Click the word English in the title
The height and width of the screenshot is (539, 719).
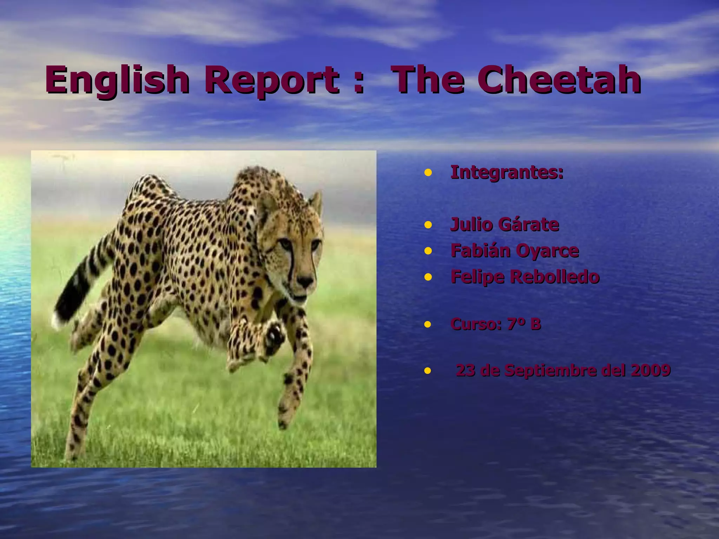117,80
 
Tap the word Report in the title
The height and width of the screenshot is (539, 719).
272,80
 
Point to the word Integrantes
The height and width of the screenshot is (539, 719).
507,173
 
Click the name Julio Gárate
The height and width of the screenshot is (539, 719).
504,225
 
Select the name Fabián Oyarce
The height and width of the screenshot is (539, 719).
515,251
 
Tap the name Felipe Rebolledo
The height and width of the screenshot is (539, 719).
525,277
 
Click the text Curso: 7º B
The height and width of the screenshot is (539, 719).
495,324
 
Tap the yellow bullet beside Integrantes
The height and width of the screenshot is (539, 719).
428,173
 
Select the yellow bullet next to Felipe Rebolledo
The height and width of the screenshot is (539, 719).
428,277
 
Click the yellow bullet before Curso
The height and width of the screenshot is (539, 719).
428,325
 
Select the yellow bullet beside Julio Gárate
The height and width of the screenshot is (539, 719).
428,225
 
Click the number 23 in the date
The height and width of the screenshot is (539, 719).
465,370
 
